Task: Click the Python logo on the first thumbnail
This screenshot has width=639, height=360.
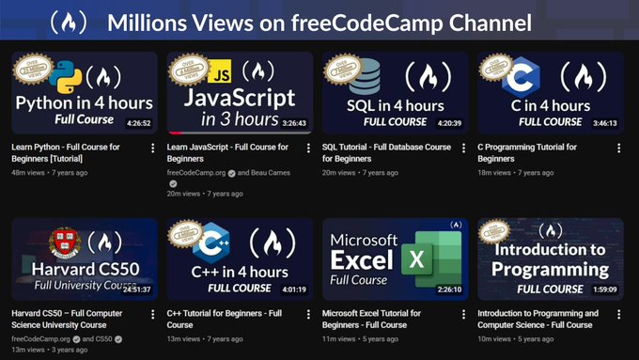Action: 65,75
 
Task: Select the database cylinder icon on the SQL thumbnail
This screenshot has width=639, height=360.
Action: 364,74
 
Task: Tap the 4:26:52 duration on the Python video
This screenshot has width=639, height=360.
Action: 138,122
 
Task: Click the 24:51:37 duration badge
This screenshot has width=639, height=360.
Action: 135,289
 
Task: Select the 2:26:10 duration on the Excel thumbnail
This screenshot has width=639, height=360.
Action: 447,289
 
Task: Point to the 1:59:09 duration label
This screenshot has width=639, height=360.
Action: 602,289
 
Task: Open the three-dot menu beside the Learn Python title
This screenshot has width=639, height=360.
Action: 153,149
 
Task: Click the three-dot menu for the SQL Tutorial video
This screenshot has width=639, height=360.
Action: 463,149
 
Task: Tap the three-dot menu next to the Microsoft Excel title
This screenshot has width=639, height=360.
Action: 463,314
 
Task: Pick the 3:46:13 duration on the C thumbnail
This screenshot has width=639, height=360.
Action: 602,122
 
